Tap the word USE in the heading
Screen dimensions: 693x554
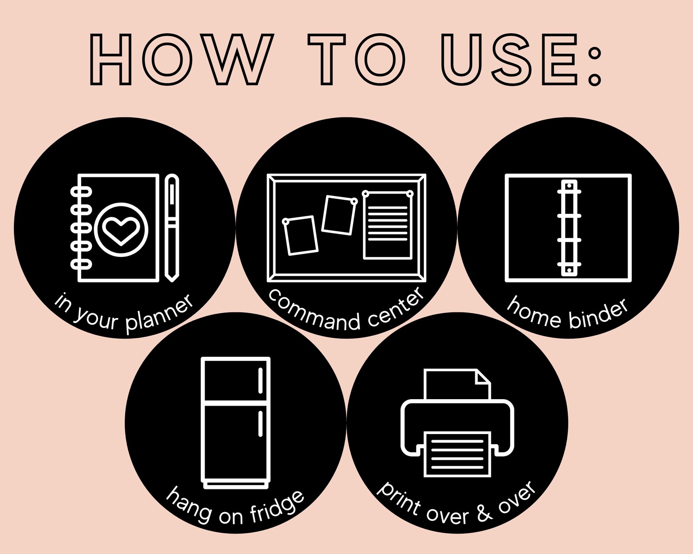coord(509,59)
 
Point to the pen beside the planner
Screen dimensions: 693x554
coord(172,228)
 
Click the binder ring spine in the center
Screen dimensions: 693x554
coord(569,228)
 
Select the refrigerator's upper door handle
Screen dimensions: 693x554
coord(260,380)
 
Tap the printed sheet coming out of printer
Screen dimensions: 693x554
coord(457,454)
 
